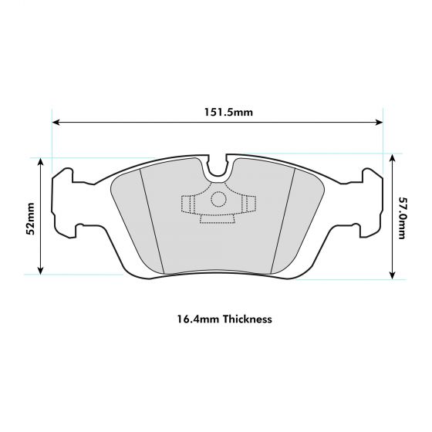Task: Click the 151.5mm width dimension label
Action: click(218, 112)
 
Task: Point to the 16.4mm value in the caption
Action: click(193, 318)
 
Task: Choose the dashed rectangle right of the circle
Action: click(248, 204)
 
